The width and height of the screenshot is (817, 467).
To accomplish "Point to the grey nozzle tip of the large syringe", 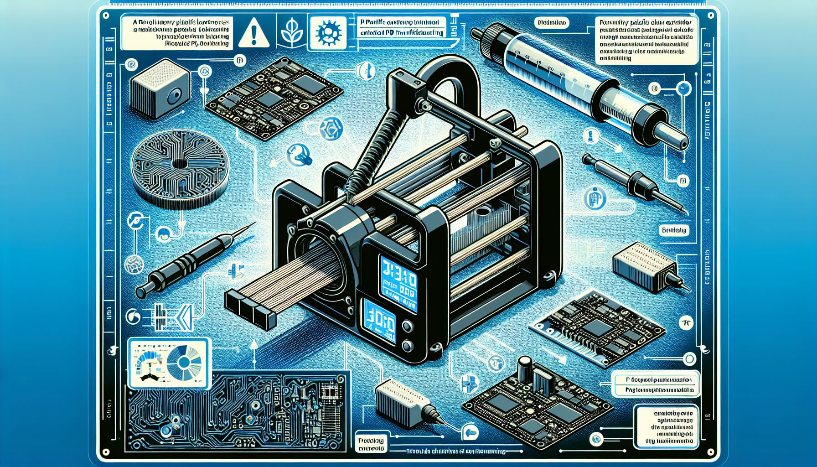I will point(672,135).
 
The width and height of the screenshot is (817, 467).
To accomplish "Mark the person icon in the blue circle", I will point(593,200).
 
